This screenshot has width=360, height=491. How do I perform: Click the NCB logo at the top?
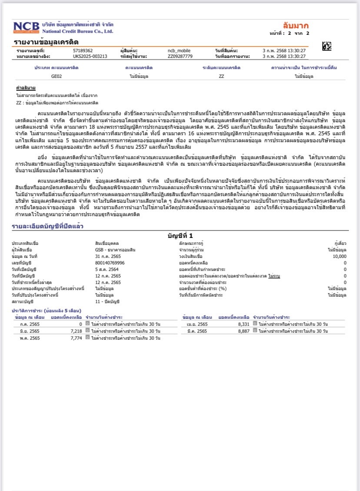pos(26,27)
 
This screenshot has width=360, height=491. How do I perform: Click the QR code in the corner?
pos(327,46)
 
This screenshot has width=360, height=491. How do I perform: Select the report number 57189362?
pos(83,51)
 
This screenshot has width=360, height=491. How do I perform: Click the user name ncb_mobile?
pos(179,51)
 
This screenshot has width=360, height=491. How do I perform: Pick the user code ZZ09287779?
pos(180,57)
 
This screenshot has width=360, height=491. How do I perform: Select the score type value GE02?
pos(57,76)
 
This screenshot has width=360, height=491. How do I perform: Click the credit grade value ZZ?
pos(221,76)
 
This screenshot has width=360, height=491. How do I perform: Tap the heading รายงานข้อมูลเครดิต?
pos(46,42)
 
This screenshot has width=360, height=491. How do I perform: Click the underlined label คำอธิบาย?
pos(26,88)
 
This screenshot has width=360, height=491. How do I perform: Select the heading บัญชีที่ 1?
pos(180,235)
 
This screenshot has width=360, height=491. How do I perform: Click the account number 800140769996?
pos(110,263)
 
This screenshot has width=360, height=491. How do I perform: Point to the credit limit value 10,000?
pos(340,256)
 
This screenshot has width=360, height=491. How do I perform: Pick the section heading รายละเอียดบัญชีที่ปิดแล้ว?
pos(47,226)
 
